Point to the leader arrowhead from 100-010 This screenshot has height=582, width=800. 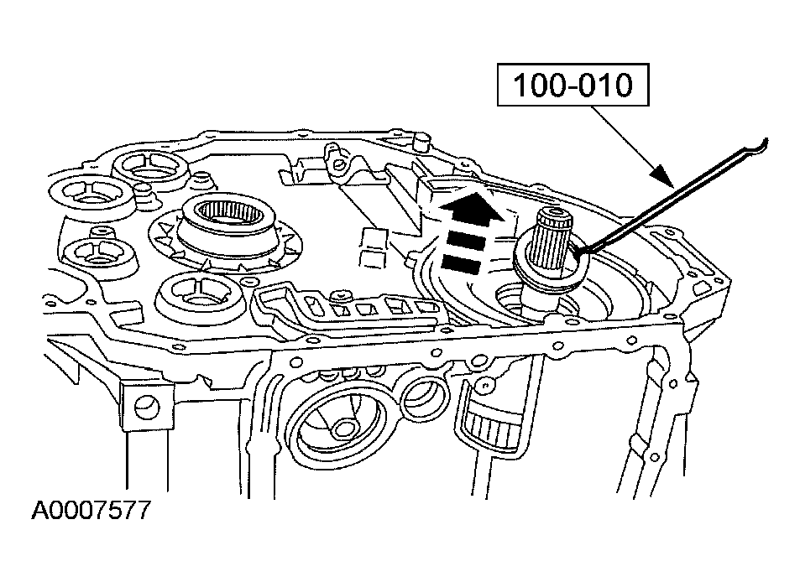(663, 177)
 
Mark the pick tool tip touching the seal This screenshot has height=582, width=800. (579, 250)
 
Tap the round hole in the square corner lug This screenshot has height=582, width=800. (146, 408)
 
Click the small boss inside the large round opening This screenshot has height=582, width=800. (343, 429)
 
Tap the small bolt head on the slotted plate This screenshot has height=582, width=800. (339, 297)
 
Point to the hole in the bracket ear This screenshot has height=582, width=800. (334, 154)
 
